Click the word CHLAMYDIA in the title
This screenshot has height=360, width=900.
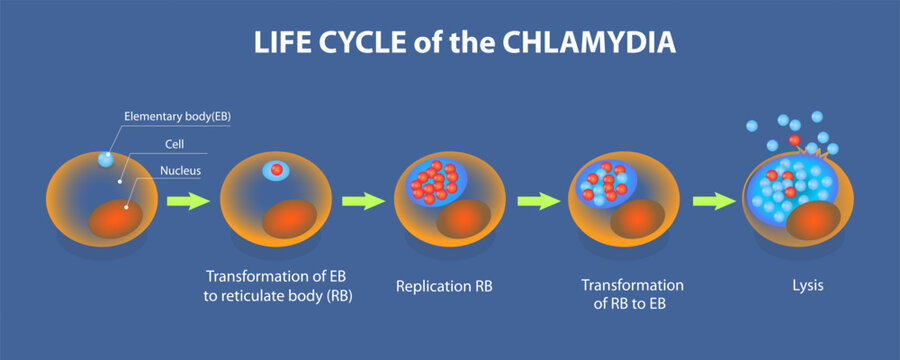tap(582, 46)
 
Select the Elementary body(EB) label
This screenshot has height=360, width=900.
tap(177, 117)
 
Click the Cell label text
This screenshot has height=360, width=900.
tap(172, 145)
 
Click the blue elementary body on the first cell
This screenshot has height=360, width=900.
tap(107, 159)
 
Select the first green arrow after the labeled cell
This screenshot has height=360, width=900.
tap(188, 201)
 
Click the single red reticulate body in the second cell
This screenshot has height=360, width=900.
tap(276, 170)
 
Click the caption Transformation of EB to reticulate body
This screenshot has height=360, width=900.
tap(279, 285)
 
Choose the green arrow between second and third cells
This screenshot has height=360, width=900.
tap(362, 201)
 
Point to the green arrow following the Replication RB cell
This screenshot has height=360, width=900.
tap(537, 201)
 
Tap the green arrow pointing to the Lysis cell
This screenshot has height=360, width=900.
tap(713, 201)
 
